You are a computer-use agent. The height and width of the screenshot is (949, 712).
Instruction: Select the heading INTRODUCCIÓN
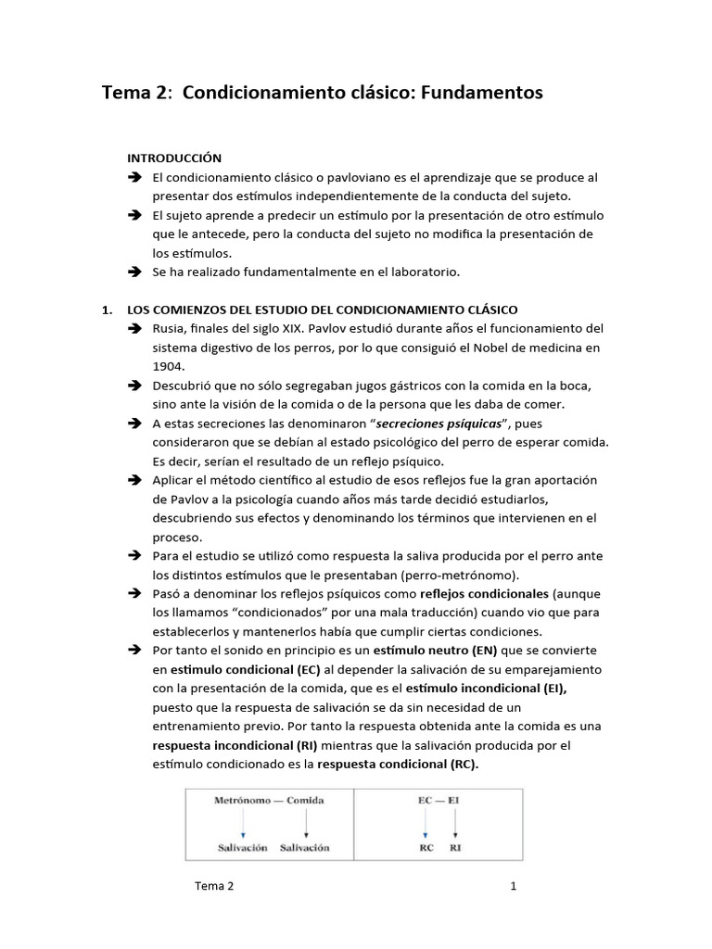pyautogui.click(x=174, y=158)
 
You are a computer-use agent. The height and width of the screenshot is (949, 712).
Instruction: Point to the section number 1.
pyautogui.click(x=107, y=310)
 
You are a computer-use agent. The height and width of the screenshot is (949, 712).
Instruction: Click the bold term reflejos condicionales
pyautogui.click(x=485, y=593)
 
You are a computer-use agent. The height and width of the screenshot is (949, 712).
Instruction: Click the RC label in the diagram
pyautogui.click(x=426, y=847)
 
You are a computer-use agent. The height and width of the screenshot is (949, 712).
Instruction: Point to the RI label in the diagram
pyautogui.click(x=454, y=847)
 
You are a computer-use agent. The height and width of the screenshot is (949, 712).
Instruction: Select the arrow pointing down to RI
pyautogui.click(x=454, y=823)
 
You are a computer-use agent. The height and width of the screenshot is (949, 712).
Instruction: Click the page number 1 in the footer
pyautogui.click(x=513, y=886)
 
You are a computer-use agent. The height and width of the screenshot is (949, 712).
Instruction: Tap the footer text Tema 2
pyautogui.click(x=214, y=886)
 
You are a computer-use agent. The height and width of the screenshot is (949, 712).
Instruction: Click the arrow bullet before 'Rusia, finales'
pyautogui.click(x=134, y=329)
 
